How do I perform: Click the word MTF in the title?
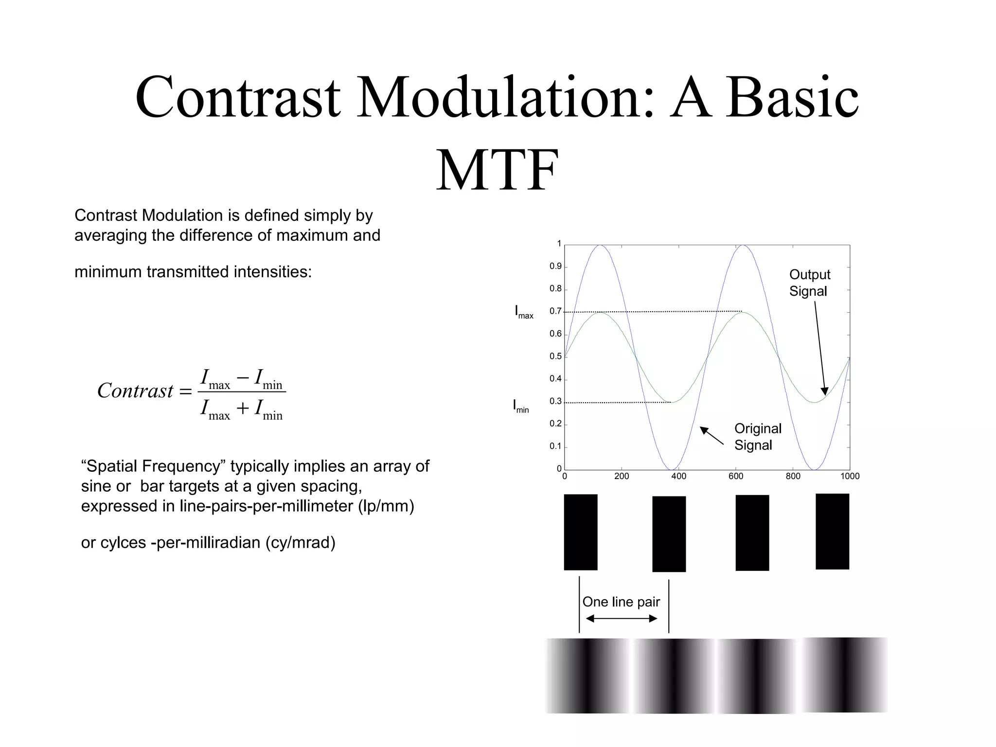point(497,170)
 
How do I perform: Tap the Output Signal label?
point(809,283)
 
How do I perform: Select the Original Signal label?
point(757,437)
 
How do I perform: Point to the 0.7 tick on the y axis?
point(555,311)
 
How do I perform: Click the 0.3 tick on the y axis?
point(555,401)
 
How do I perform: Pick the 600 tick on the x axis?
point(736,476)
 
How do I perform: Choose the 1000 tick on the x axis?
point(850,476)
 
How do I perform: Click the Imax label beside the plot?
point(524,312)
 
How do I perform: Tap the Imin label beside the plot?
point(521,406)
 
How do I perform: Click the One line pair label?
point(621,602)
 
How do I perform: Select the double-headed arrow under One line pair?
point(622,619)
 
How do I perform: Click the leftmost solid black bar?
point(581,532)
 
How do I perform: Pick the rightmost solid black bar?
point(832,531)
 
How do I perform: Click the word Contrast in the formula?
point(135,391)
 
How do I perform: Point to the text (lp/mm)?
point(386,506)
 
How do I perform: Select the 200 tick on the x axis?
point(622,476)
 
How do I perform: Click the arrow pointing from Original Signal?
point(711,435)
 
